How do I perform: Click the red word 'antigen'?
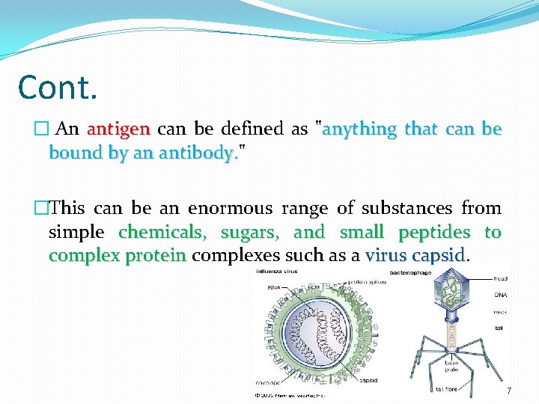pyautogui.click(x=119, y=129)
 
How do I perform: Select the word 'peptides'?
pyautogui.click(x=434, y=232)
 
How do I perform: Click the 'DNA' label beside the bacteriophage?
pyautogui.click(x=500, y=295)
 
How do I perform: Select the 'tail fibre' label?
pyautogui.click(x=447, y=389)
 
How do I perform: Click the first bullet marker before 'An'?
pyautogui.click(x=50, y=129)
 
